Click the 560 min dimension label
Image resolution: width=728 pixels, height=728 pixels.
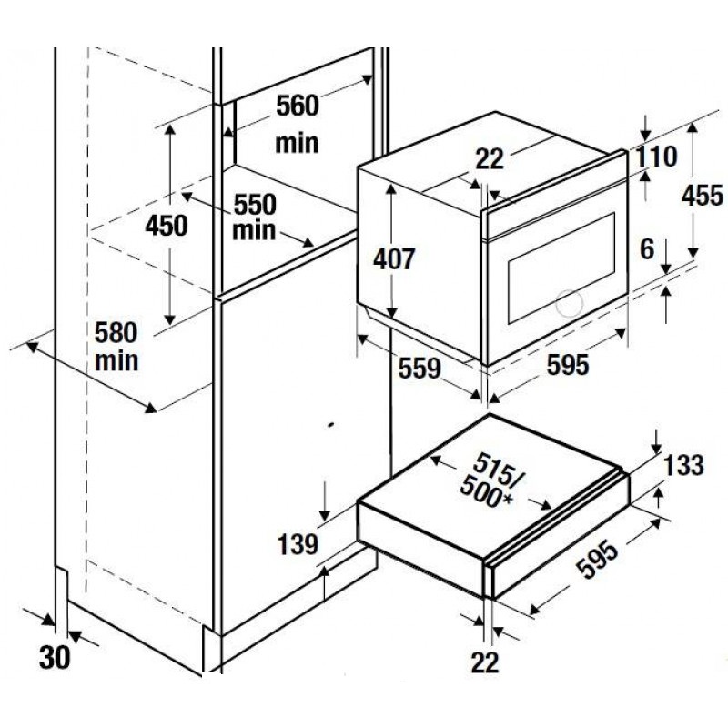(298, 124)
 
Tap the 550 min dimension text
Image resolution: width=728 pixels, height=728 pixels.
(255, 216)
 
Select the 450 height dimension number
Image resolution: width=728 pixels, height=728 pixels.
(167, 225)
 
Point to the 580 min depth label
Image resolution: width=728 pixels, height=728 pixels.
(117, 346)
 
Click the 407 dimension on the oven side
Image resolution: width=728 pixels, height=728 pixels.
(394, 258)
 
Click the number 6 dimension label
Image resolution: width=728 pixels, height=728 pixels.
(647, 248)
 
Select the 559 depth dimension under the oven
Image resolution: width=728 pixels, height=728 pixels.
(420, 369)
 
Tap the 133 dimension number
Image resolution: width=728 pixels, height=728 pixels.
(683, 466)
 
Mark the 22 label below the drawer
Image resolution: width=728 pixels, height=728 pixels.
(487, 662)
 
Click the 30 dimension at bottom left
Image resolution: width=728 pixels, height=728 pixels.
(55, 658)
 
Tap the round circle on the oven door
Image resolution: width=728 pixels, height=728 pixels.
(568, 303)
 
